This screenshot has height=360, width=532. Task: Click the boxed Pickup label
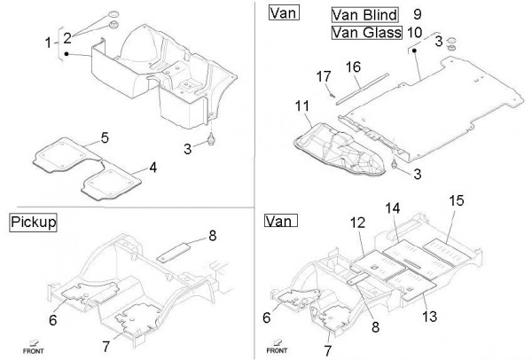pyautogui.click(x=33, y=223)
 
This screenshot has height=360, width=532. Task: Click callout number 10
pyautogui.click(x=415, y=33)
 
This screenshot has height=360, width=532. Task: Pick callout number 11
pyautogui.click(x=301, y=107)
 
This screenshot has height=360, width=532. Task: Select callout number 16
pyautogui.click(x=352, y=67)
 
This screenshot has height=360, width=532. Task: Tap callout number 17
pyautogui.click(x=325, y=77)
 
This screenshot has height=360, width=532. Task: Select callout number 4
pyautogui.click(x=153, y=167)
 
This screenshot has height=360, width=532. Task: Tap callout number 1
pyautogui.click(x=49, y=43)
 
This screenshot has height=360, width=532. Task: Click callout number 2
pyautogui.click(x=66, y=36)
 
